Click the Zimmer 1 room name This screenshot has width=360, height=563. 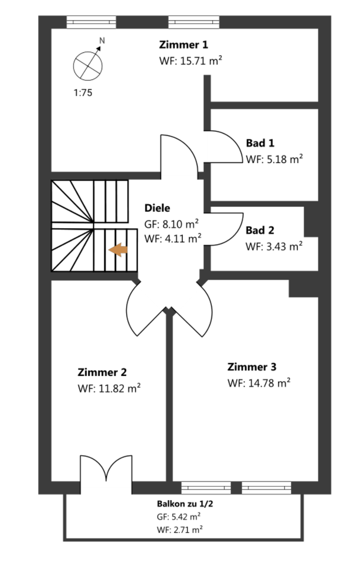point(184,45)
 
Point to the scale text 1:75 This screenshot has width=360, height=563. point(83,92)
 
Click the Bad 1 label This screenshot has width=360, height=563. point(260,143)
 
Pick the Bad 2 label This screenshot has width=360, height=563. point(260,230)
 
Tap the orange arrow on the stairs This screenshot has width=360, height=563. point(119,250)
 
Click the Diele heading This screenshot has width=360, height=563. point(157,208)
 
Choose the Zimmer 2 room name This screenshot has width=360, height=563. point(102,372)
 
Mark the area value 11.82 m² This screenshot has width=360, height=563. point(117,388)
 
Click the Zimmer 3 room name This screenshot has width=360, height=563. point(252,367)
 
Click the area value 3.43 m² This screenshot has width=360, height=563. point(282,246)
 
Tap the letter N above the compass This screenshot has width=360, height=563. point(103,41)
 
